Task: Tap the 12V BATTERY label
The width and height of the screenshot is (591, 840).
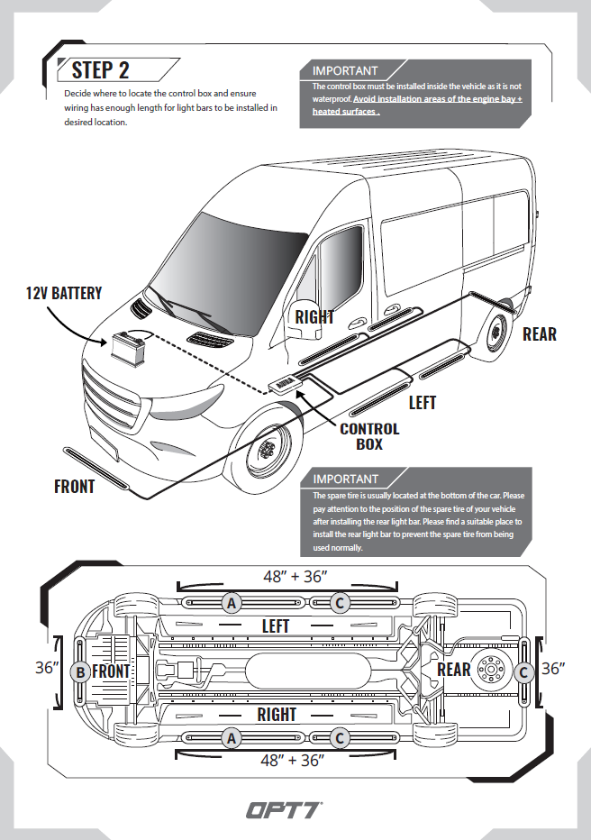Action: pyautogui.click(x=64, y=293)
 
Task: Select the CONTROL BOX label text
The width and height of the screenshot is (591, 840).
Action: pyautogui.click(x=369, y=436)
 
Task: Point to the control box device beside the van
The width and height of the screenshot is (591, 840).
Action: pyautogui.click(x=286, y=383)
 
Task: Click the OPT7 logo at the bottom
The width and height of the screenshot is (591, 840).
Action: pyautogui.click(x=286, y=809)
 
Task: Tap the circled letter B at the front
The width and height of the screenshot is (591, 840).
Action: pyautogui.click(x=80, y=671)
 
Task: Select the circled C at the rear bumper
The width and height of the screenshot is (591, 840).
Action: pyautogui.click(x=523, y=671)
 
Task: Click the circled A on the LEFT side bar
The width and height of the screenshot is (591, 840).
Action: pyautogui.click(x=232, y=603)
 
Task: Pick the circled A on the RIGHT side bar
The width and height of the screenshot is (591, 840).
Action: pyautogui.click(x=232, y=738)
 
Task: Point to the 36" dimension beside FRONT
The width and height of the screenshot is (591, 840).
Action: pyautogui.click(x=47, y=669)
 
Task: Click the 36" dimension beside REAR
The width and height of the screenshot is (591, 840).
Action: pyautogui.click(x=552, y=669)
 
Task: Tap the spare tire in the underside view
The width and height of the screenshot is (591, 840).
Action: pyautogui.click(x=491, y=671)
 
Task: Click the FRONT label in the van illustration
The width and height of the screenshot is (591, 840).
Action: pyautogui.click(x=74, y=487)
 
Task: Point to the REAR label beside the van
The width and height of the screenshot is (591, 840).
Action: pyautogui.click(x=540, y=334)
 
